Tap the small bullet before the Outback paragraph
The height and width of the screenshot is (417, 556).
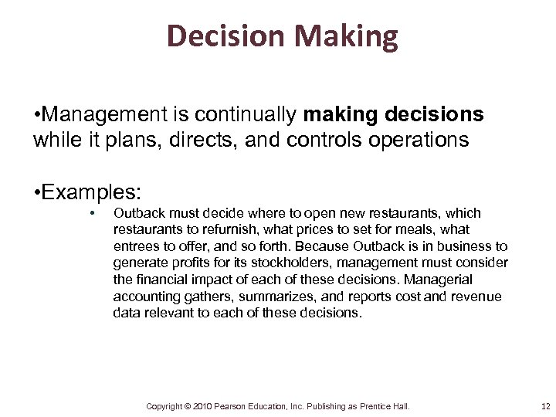point(92,213)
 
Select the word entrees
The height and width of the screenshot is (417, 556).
point(136,246)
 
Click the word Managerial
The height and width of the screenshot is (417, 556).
point(441,280)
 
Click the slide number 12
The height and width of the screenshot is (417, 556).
point(546,406)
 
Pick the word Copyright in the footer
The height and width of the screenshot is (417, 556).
point(164,406)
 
